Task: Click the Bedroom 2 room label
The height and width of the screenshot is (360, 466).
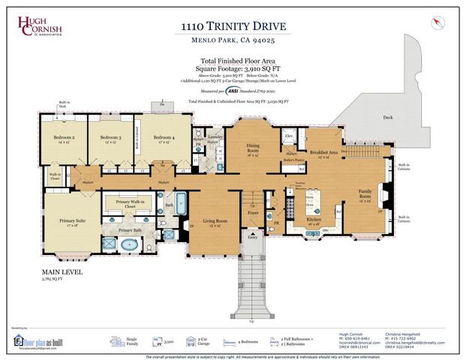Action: (64, 138)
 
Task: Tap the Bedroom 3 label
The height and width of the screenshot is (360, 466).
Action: (111, 138)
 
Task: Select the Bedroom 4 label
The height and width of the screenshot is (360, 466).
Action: (164, 138)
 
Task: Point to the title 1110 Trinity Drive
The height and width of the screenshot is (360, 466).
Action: (233, 26)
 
